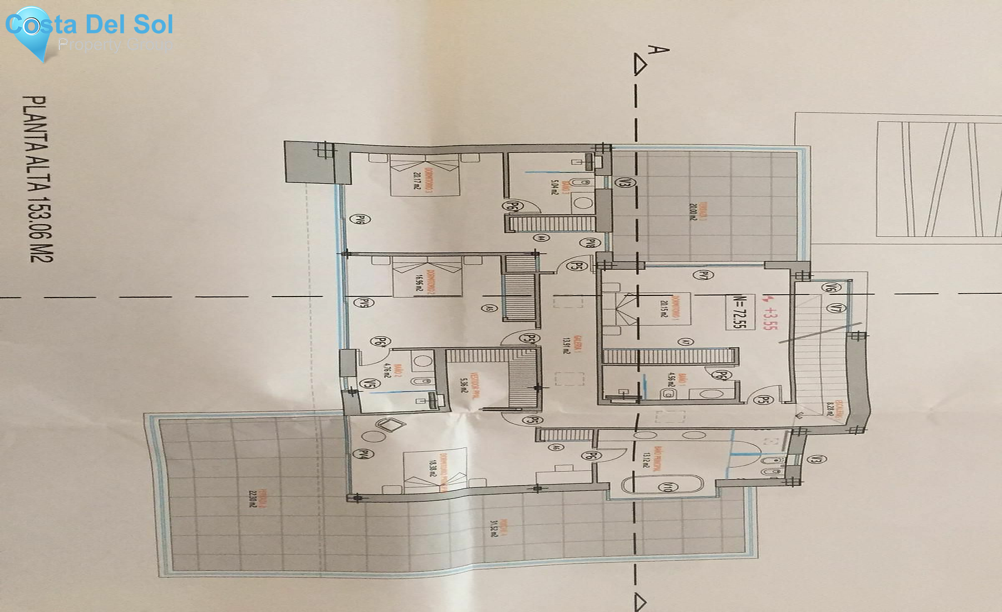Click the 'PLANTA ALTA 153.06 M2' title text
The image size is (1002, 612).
click(x=38, y=178)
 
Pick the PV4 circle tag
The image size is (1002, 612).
click(x=364, y=455)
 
